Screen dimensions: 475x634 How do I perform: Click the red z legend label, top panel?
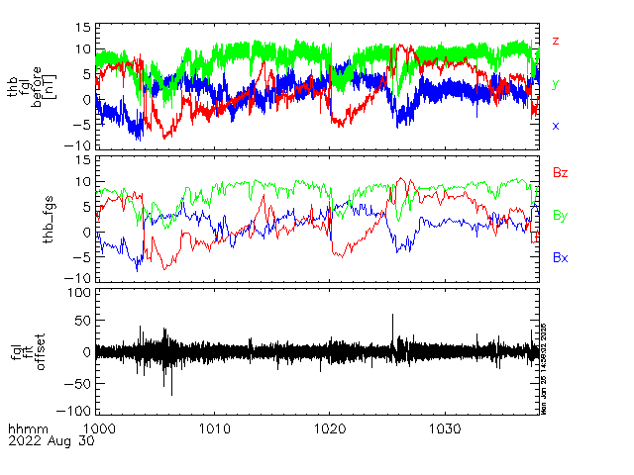[556, 41]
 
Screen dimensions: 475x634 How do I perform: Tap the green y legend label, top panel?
[556, 84]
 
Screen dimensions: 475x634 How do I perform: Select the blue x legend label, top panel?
[556, 126]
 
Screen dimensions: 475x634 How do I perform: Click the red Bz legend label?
[560, 172]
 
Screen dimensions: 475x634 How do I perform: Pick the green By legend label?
[560, 215]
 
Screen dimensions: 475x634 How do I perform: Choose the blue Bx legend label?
[560, 257]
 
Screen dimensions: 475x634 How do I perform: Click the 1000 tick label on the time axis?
[102, 427]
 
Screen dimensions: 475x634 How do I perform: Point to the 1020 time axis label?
[330, 427]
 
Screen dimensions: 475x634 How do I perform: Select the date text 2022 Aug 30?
[49, 442]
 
